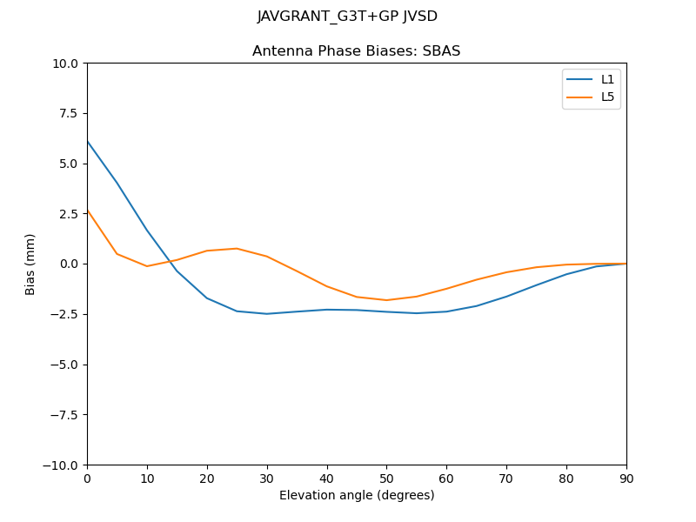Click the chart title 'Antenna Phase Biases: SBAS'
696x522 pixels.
click(x=356, y=51)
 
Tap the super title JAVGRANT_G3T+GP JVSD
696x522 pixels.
click(x=347, y=17)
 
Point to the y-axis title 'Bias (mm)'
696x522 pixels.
click(x=30, y=264)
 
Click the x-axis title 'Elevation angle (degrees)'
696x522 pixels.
click(x=357, y=495)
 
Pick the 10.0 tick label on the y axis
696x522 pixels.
click(x=65, y=64)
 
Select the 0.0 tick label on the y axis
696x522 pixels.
click(x=69, y=264)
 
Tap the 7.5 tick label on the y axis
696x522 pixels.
click(x=69, y=113)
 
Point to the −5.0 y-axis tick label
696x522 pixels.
click(x=64, y=365)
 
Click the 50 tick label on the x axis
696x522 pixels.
click(x=386, y=478)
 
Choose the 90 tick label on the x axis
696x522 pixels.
click(x=626, y=478)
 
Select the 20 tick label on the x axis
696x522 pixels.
click(x=207, y=478)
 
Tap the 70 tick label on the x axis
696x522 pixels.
click(x=506, y=478)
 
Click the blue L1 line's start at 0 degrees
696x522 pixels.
click(x=87, y=141)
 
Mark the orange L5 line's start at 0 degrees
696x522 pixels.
click(x=87, y=210)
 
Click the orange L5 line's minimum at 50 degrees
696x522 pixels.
click(x=386, y=300)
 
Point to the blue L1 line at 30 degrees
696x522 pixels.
click(x=267, y=314)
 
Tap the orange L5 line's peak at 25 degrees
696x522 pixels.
click(x=237, y=249)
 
